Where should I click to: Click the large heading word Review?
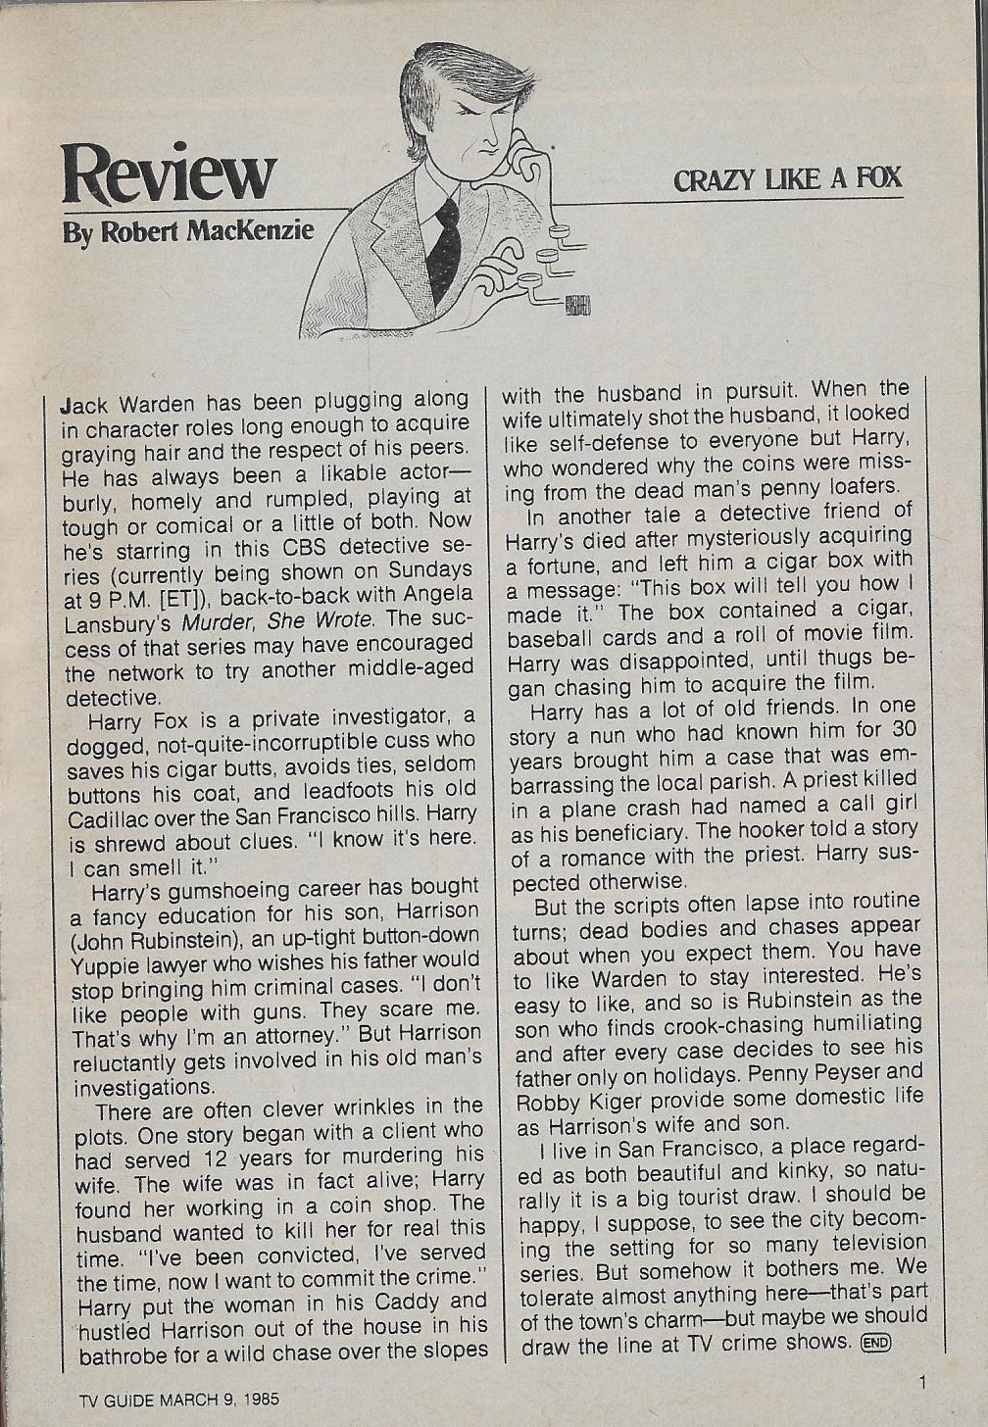click(168, 172)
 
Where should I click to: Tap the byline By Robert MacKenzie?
click(188, 232)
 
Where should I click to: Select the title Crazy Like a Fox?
click(787, 179)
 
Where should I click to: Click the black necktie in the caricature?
click(445, 249)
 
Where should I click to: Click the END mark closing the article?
click(875, 1343)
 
